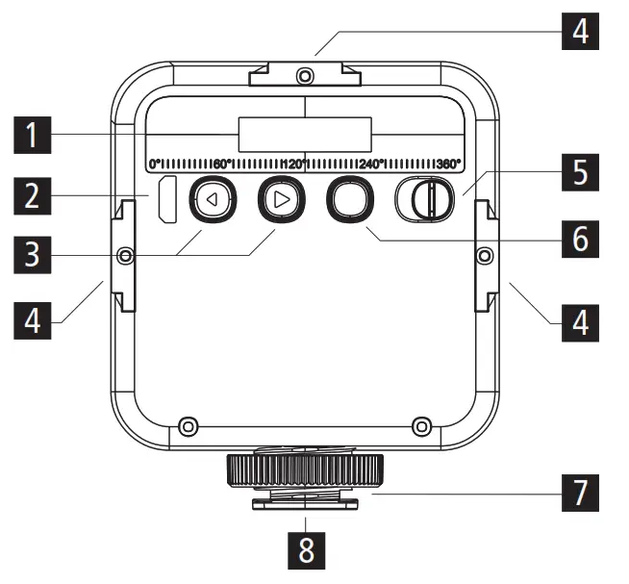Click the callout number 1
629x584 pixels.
[x=34, y=136]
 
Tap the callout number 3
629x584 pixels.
[x=34, y=255]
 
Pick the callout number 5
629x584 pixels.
[x=578, y=173]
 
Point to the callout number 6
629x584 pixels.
[x=578, y=237]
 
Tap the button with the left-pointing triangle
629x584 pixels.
[x=211, y=201]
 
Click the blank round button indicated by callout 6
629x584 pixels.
[x=349, y=200]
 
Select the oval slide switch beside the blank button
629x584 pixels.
[x=423, y=200]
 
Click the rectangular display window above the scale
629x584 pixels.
[x=305, y=134]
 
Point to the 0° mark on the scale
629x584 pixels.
[x=154, y=164]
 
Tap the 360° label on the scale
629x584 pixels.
[x=447, y=164]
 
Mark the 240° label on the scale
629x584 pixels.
[x=371, y=164]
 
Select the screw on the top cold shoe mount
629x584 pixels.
[x=305, y=74]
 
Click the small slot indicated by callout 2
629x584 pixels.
[x=167, y=200]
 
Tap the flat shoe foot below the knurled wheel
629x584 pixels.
[x=305, y=501]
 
